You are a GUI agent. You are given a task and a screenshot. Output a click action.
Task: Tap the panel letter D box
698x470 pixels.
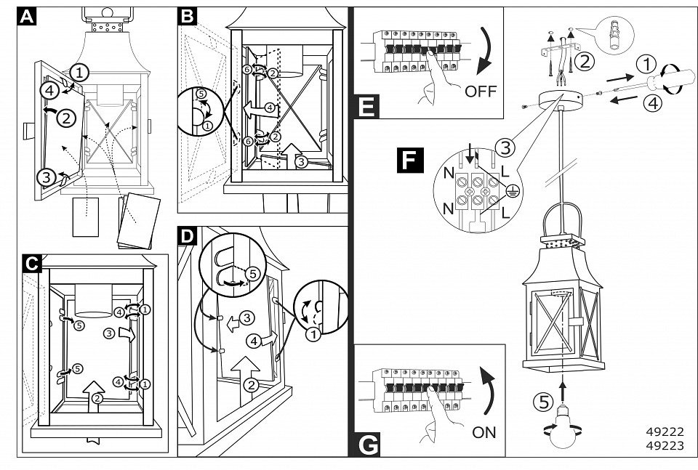tap(188, 236)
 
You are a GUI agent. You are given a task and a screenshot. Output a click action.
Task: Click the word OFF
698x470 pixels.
tap(480, 92)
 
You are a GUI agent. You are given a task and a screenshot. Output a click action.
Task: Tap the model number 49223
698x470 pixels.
tap(665, 446)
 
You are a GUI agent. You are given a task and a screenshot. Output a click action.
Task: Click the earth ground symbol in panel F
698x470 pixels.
tap(512, 190)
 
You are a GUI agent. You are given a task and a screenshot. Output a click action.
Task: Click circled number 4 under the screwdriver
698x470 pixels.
tap(651, 102)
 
